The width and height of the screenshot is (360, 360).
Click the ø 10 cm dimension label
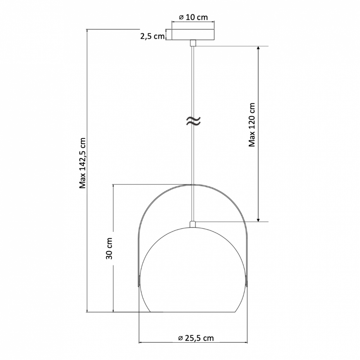(193, 17)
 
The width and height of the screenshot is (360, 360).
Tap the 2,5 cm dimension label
(153, 36)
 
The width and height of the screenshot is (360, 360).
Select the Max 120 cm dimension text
(252, 125)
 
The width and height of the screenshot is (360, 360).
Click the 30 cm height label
(109, 249)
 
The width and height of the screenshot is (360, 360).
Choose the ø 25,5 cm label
(196, 338)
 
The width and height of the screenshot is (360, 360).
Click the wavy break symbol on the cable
(193, 121)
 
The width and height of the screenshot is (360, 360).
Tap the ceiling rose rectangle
(193, 35)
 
